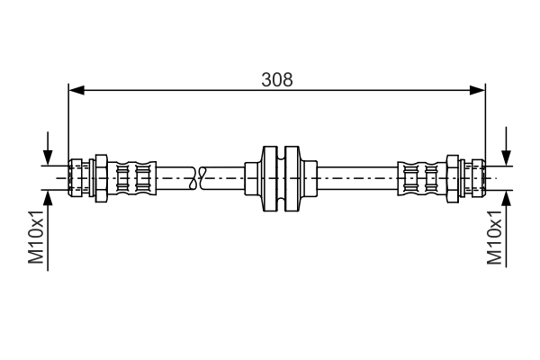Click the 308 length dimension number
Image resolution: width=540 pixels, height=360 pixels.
277,78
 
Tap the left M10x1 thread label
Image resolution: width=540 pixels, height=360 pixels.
37,237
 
